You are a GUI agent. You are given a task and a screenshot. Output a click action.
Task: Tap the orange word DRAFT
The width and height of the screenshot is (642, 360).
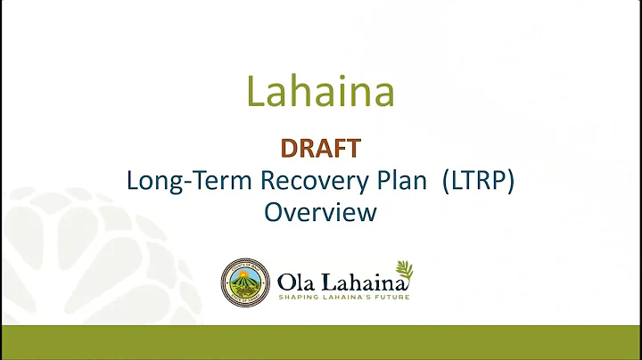[x=320, y=147]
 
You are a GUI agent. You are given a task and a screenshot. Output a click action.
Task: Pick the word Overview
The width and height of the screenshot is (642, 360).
[x=320, y=213]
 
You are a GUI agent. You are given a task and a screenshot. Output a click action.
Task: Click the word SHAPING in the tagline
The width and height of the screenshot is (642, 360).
[x=299, y=297]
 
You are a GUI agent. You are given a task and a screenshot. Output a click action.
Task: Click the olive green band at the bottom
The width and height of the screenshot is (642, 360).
[x=320, y=342]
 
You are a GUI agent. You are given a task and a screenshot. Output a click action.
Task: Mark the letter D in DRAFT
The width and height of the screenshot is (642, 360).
[x=289, y=147]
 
